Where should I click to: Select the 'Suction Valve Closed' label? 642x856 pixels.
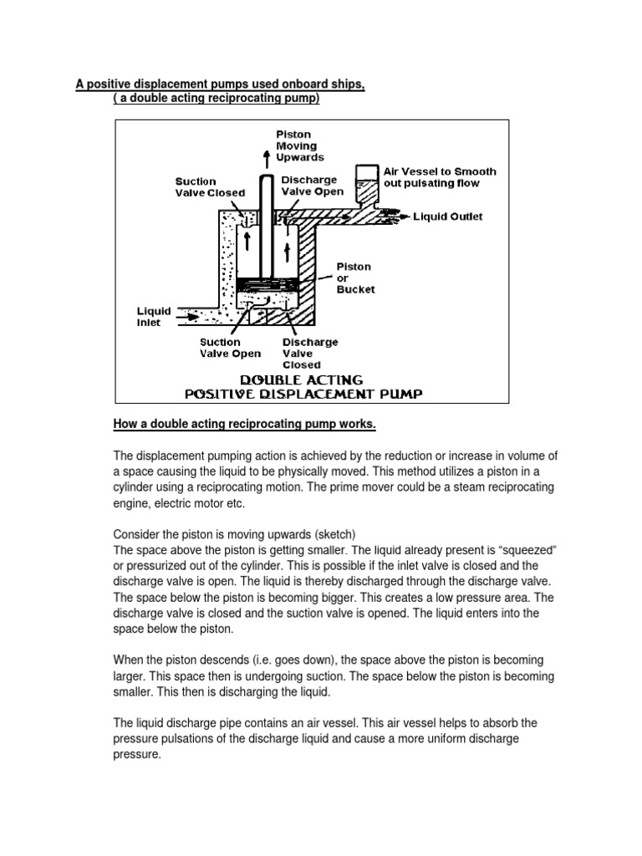tap(210, 186)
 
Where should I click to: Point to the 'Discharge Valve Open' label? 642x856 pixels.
tap(310, 186)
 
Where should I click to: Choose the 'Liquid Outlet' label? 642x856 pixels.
tap(448, 217)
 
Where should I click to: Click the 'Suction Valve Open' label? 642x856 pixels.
tap(231, 348)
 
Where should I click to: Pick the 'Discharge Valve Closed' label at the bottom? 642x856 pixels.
tap(309, 354)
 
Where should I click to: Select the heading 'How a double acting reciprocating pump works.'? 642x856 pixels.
tap(245, 425)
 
